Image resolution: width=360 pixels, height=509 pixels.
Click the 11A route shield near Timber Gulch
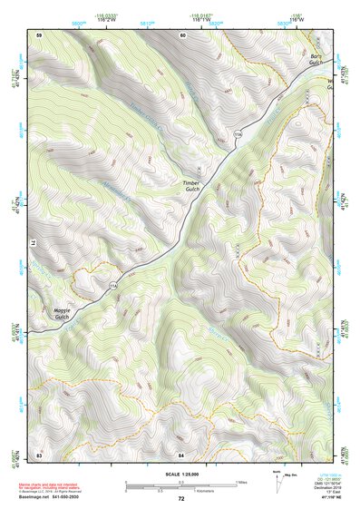click(238, 133)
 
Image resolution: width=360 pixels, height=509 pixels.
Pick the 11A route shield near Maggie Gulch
click(113, 287)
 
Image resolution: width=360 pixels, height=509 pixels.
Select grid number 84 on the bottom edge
click(181, 453)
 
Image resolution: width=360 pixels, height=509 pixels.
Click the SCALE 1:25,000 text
click(180, 474)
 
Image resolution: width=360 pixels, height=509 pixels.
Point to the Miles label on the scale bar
click(241, 481)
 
